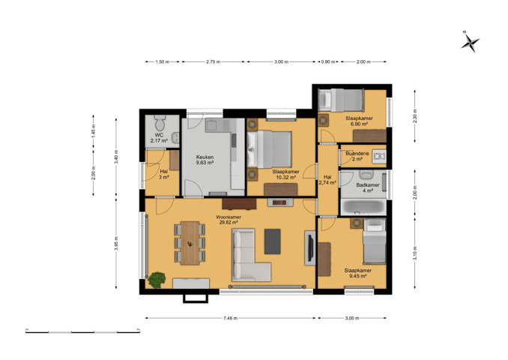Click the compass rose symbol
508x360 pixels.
pos(470,42)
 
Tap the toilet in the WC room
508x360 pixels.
pos(160,122)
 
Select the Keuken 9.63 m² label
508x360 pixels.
pos(205,160)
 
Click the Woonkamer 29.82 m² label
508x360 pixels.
pos(229,220)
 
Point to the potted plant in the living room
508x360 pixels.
pos(157,280)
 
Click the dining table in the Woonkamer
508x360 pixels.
pos(190,243)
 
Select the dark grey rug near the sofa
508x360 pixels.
pos(272,241)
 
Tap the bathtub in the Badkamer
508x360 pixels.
pos(363,207)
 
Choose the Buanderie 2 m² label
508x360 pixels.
pos(357,156)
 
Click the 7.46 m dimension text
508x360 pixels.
pos(230,318)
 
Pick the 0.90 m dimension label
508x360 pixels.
pos(328,61)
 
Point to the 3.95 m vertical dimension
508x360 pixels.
pos(116,243)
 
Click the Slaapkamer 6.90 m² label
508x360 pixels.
pos(359,121)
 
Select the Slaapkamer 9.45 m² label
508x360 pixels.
pos(358,273)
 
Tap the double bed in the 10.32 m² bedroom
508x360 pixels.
pos(269,149)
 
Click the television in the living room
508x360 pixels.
pos(310,247)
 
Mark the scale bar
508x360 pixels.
pos(83,331)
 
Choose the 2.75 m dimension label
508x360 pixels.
pos(214,61)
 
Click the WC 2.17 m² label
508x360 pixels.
pos(159,137)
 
